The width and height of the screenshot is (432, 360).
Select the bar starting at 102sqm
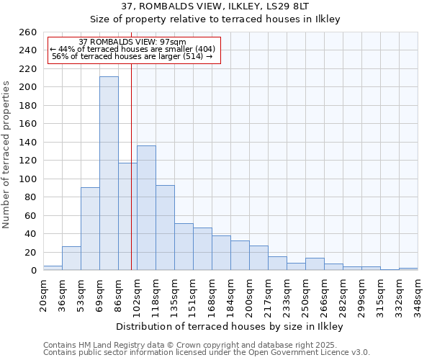(x=146, y=208)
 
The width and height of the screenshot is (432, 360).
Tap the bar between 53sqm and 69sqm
(x=90, y=228)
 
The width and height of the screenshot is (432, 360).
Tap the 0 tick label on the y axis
(x=33, y=271)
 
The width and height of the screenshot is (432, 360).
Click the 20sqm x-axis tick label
(x=44, y=294)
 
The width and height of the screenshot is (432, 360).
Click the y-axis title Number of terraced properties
(x=7, y=154)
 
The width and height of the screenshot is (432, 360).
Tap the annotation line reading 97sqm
(x=132, y=42)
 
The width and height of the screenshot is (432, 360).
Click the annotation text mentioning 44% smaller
(x=132, y=49)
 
